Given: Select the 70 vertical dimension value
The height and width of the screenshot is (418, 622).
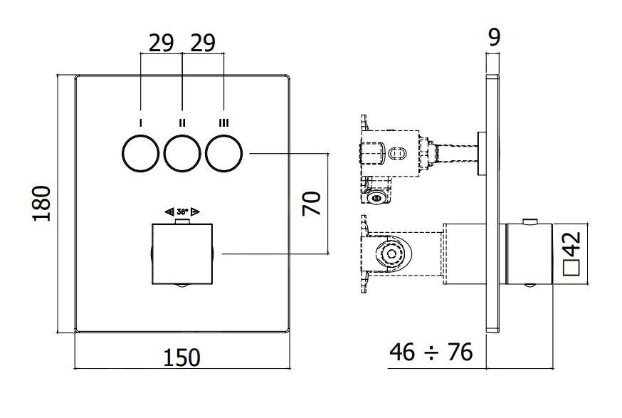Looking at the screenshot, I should pos(312,203).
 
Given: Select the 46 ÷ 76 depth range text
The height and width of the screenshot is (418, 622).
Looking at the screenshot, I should pos(431,351).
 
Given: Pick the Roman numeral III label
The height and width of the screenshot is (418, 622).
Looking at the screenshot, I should pos(224,123).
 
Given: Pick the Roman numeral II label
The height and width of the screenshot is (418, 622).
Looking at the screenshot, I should pos(182,123).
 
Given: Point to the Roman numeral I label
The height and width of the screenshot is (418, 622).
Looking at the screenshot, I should pos(140,123).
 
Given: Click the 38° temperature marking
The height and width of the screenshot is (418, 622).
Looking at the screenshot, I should pos(182,211).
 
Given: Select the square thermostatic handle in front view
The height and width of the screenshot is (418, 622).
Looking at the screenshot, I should pos(182,253).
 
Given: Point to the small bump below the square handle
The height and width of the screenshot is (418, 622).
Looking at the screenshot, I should pos(182,286).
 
